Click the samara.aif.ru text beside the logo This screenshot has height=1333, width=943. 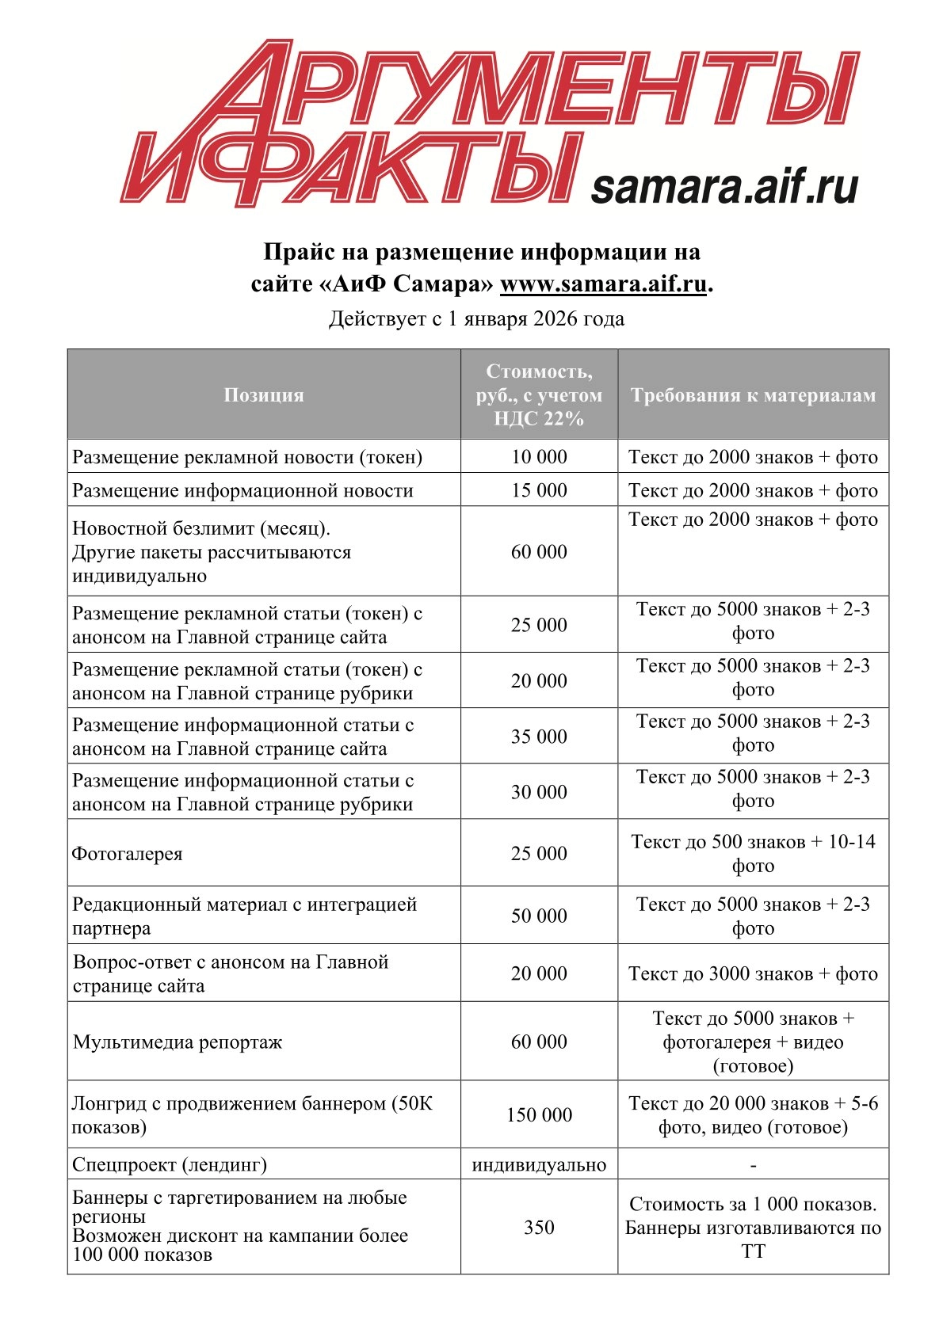pos(724,187)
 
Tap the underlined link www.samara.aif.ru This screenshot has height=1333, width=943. pos(602,284)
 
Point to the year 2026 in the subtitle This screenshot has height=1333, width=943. pos(555,318)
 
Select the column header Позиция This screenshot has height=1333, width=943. pos(264,395)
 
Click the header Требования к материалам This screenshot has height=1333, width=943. pos(753,395)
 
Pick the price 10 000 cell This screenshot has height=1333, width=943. pos(539,457)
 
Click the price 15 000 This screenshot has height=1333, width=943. pos(539,490)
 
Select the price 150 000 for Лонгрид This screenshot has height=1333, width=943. pos(539,1114)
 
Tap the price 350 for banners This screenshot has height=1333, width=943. pos(539,1227)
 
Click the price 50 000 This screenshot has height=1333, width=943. pos(539,916)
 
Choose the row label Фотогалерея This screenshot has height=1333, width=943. pos(128,854)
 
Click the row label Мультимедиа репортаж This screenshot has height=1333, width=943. pos(178,1042)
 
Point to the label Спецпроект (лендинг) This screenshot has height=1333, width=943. pos(170,1164)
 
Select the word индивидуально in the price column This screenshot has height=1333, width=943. pos(539,1164)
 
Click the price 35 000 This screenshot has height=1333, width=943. pos(539,737)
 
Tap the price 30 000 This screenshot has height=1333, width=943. pos(539,792)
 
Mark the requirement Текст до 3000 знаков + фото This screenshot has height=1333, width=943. pos(753,973)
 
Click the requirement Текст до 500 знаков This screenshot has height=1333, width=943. pos(753,843)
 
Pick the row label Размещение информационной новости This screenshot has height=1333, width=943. pos(242,490)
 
